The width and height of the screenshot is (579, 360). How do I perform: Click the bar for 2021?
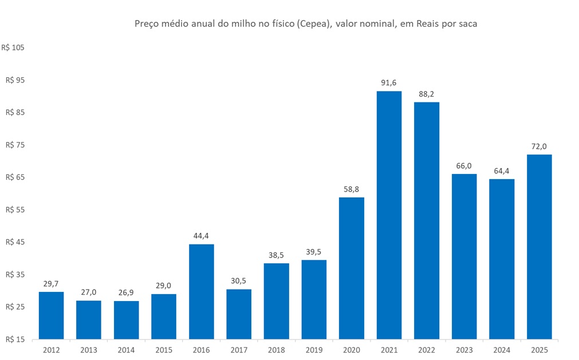click(x=389, y=215)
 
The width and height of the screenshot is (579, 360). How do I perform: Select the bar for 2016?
click(x=201, y=291)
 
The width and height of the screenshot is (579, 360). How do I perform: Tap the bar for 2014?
click(x=126, y=320)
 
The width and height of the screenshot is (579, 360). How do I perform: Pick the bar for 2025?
click(x=539, y=247)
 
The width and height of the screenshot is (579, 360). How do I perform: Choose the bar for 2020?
click(x=352, y=268)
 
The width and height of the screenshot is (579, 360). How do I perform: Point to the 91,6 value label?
click(x=389, y=83)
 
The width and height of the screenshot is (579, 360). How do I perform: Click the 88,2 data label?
click(x=427, y=94)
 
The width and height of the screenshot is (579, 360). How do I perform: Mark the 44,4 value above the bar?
click(x=201, y=236)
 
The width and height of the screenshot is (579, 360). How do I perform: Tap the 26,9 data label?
click(x=126, y=292)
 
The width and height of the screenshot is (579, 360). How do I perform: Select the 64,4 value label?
click(x=502, y=171)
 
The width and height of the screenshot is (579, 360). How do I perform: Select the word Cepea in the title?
click(x=307, y=24)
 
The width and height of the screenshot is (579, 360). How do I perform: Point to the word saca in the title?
click(x=466, y=24)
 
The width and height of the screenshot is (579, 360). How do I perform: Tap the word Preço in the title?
click(x=146, y=24)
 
